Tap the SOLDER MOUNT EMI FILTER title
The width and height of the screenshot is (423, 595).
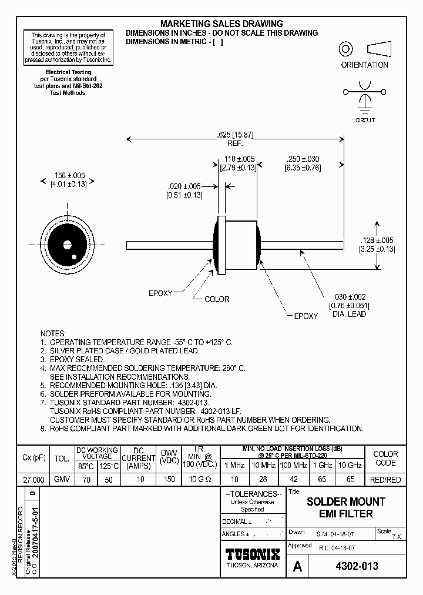click(346, 507)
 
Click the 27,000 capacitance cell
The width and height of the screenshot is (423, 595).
click(31, 480)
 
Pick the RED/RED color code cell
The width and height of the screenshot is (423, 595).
click(386, 480)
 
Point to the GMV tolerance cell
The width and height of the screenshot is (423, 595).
click(62, 480)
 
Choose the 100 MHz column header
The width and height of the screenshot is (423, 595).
click(294, 465)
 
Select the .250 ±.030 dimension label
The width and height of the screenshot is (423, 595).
click(303, 159)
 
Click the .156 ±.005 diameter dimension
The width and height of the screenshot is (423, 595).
click(69, 175)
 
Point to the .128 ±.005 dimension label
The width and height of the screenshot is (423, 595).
click(377, 240)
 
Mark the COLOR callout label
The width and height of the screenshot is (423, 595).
click(217, 299)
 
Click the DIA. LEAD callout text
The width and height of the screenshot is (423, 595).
click(349, 314)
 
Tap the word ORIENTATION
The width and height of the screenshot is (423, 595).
click(364, 65)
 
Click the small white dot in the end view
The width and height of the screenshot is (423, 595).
click(73, 257)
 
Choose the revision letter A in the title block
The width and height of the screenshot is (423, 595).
click(297, 567)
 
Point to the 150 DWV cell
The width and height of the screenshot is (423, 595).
click(170, 480)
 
